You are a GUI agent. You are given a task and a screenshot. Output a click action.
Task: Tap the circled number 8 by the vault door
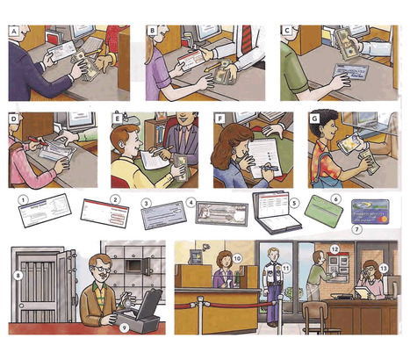pyautogui.click(x=18, y=273)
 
